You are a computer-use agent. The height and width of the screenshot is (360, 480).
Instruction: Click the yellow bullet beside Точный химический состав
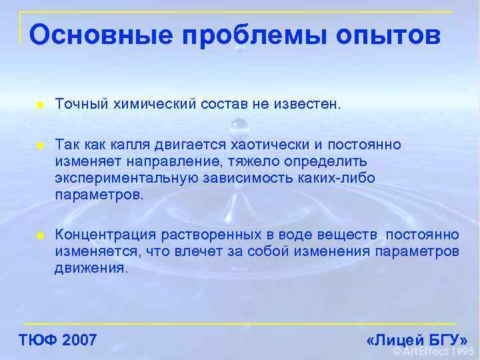point(41,105)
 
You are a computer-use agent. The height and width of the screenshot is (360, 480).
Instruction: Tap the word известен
point(304,104)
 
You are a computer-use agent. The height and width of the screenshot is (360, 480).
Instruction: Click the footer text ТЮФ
point(38,340)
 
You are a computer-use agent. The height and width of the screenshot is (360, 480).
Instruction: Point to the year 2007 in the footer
point(79,340)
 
